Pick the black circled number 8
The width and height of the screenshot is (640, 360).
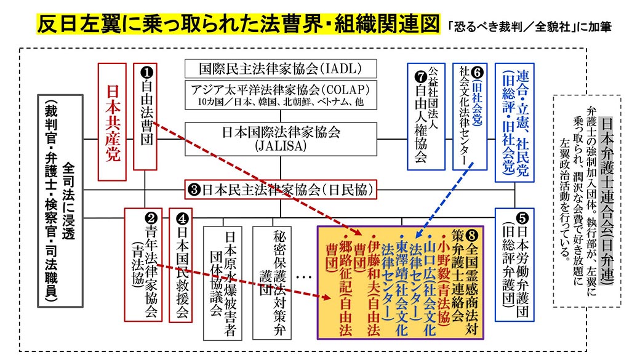tap(472, 234)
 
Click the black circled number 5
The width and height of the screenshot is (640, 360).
tap(522, 218)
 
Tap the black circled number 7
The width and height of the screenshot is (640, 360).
tap(421, 78)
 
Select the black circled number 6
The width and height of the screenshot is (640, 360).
tap(476, 70)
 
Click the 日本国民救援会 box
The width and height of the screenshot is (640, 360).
tap(181, 265)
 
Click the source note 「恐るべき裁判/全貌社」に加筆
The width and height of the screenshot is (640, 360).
tap(529, 27)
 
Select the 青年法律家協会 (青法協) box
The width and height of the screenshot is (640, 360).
tap(143, 265)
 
